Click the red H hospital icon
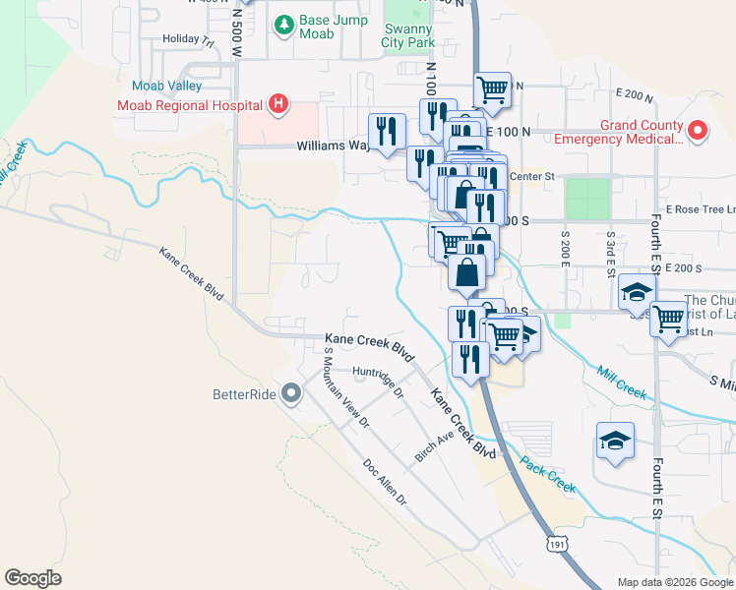pos(278,103)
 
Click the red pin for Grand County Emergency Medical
pos(698,130)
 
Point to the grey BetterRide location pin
pos(290,394)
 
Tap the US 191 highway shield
pos(557,543)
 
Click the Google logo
pos(33,577)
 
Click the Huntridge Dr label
pos(379,383)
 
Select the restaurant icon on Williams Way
pos(387,131)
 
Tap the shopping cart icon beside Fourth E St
pos(668,319)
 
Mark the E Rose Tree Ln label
pos(700,209)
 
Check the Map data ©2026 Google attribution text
pos(675,582)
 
